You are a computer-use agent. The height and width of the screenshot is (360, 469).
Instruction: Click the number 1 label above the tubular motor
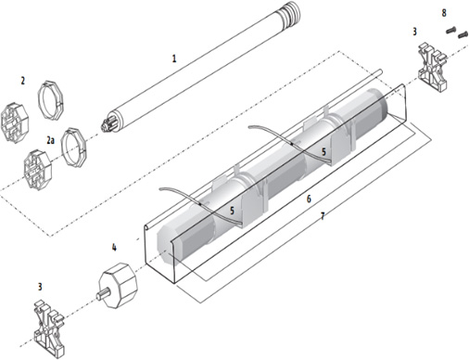[174, 58]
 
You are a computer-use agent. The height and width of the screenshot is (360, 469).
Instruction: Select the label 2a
[51, 140]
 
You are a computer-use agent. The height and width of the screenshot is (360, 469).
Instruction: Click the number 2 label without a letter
[22, 81]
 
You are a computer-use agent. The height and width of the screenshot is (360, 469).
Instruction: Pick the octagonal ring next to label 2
[52, 100]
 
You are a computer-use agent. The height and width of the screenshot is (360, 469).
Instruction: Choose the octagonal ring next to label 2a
[73, 147]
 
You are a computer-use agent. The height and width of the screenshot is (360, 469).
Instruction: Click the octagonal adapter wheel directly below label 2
[15, 122]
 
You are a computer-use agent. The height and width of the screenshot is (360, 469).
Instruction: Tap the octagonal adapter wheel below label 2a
[38, 170]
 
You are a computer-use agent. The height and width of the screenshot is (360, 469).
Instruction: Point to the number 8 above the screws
[444, 13]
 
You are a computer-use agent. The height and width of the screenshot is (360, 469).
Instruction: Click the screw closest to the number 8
[450, 30]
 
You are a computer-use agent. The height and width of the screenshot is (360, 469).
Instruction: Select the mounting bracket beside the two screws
[433, 67]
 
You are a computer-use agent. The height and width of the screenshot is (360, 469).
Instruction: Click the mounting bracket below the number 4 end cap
[49, 328]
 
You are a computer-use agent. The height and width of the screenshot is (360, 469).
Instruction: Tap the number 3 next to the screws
[414, 32]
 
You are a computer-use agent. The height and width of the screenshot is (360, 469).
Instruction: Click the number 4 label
[114, 247]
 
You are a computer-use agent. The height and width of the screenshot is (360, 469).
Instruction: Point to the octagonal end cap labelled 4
[118, 285]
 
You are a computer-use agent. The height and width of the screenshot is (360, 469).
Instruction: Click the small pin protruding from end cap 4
[103, 293]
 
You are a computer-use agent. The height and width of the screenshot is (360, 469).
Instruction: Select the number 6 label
[309, 199]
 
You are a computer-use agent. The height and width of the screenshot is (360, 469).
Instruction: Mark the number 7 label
[323, 216]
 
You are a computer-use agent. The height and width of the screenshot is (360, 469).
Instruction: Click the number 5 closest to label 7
[232, 211]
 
